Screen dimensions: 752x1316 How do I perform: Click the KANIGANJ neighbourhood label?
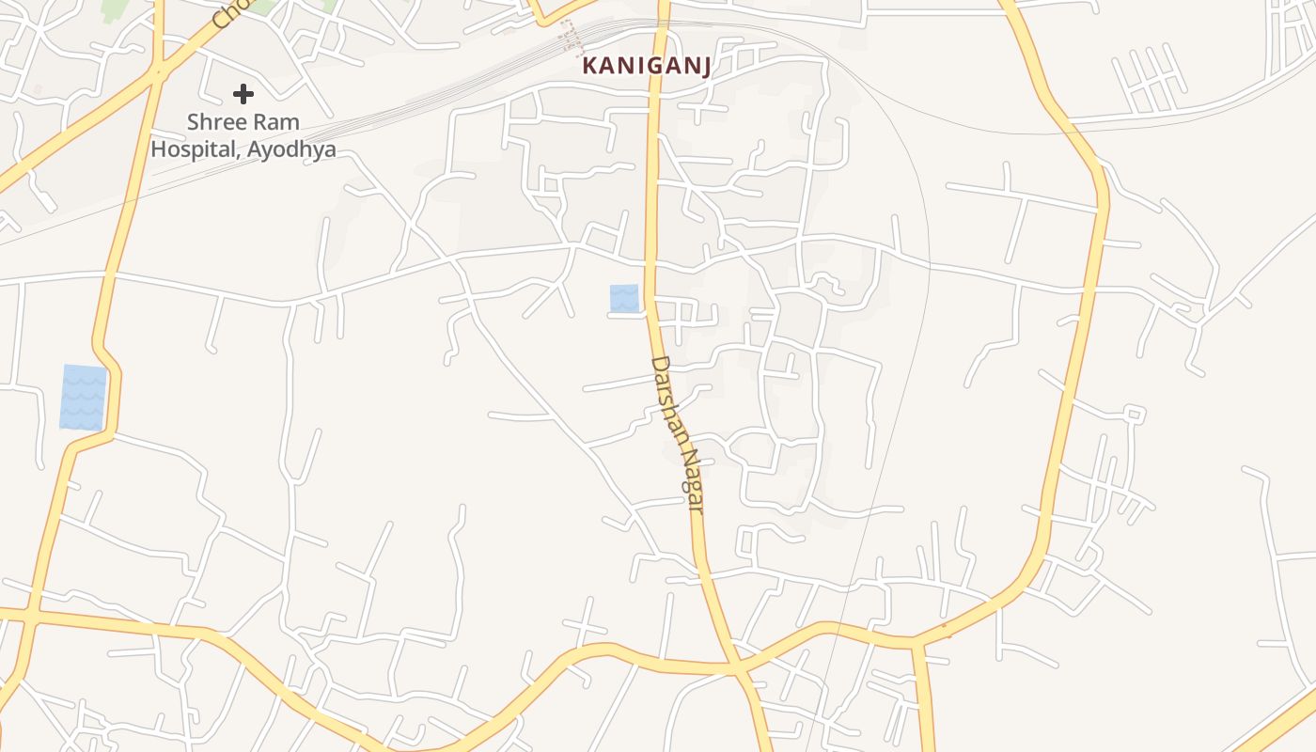tap(646, 66)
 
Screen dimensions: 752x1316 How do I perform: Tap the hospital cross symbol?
tap(243, 94)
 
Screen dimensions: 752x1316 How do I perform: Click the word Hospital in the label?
tap(194, 149)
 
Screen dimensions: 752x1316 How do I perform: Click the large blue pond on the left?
tap(83, 397)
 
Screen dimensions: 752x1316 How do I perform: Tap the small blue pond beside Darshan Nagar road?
tap(624, 298)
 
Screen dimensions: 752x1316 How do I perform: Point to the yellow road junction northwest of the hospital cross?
tap(158, 70)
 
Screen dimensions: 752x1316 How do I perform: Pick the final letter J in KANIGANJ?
tap(703, 66)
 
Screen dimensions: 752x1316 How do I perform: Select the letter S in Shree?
tap(193, 122)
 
